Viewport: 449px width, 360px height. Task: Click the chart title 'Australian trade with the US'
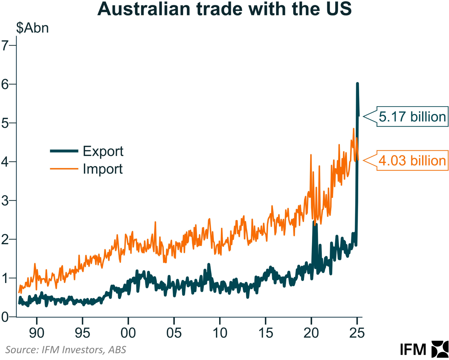click(x=224, y=9)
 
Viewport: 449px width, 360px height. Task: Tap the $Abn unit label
click(x=33, y=28)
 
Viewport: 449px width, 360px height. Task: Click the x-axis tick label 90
click(x=37, y=333)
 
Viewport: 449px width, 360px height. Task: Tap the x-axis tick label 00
click(x=128, y=333)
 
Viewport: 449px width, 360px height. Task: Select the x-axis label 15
click(x=266, y=333)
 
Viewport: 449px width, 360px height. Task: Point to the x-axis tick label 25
click(x=357, y=333)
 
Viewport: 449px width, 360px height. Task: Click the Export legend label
click(x=103, y=151)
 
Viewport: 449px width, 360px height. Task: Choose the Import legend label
click(x=103, y=169)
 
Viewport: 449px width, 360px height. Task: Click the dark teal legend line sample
click(x=64, y=151)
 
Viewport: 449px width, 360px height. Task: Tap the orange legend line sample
click(x=64, y=169)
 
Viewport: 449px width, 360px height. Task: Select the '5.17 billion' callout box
click(x=412, y=117)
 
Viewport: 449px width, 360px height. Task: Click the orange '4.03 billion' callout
click(x=412, y=161)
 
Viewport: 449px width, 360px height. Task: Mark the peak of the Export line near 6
click(x=357, y=84)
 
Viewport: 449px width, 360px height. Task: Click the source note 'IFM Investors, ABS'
click(x=66, y=350)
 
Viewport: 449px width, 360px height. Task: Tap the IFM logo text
click(x=413, y=350)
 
